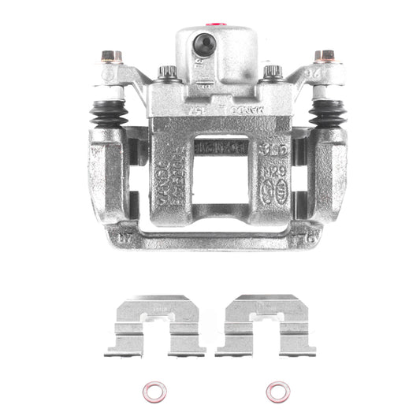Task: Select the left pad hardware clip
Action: coord(155,325)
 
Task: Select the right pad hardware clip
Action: coord(266,325)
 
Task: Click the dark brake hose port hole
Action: coord(205,45)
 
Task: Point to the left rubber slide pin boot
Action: coord(108,113)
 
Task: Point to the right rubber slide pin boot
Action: coord(326,113)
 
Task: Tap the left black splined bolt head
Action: coord(167,73)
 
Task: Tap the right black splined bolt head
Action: coord(272,72)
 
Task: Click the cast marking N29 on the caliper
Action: coord(274,170)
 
